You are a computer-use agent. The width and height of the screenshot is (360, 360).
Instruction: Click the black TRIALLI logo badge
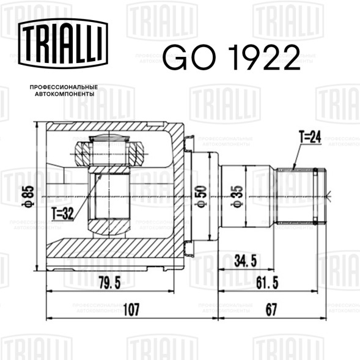[x=63, y=43]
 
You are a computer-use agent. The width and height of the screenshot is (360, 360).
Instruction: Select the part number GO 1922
[x=232, y=57]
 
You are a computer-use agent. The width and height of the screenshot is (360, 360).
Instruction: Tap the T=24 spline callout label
[x=310, y=137]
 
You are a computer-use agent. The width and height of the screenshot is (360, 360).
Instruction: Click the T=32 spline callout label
[x=62, y=213]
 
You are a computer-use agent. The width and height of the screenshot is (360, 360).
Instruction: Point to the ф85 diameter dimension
[x=28, y=197]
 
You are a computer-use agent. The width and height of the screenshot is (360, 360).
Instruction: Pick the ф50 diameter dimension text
[x=200, y=197]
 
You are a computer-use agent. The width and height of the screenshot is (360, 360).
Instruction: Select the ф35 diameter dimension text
[x=237, y=197]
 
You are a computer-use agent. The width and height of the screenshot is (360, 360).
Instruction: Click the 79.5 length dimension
[x=110, y=282]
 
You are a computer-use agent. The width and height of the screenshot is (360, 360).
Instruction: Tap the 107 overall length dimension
[x=131, y=309]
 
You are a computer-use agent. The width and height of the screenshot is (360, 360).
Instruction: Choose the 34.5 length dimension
[x=246, y=261]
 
